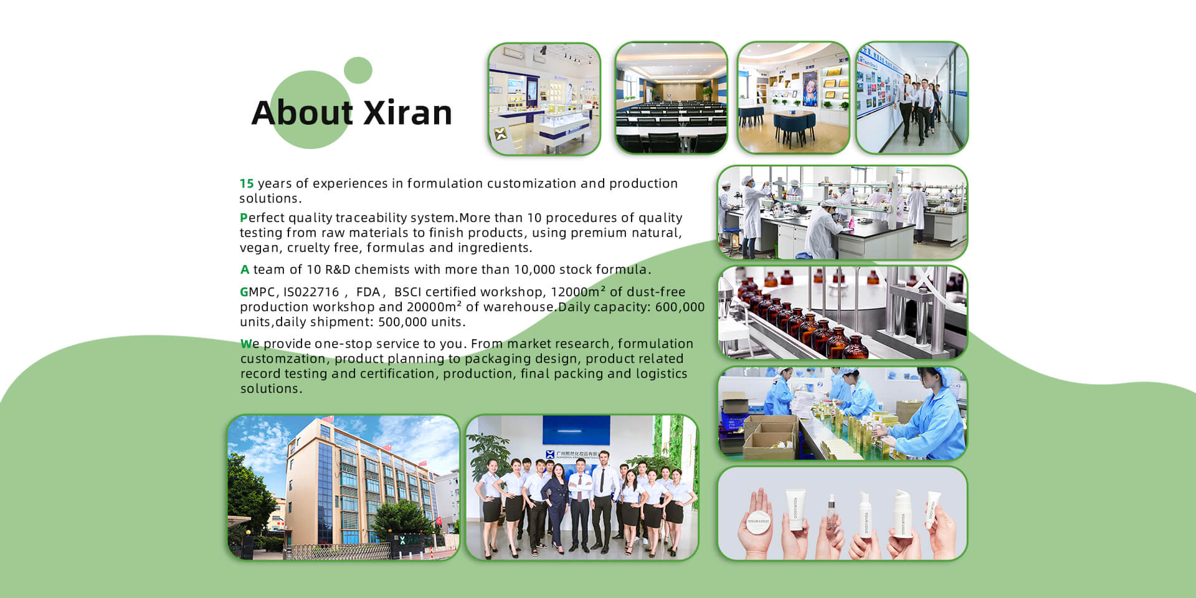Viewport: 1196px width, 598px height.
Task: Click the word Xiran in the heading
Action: click(407, 113)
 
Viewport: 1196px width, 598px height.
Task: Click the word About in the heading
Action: click(303, 113)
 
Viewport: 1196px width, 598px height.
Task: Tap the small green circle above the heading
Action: click(358, 70)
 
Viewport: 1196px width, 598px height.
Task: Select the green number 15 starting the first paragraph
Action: click(247, 183)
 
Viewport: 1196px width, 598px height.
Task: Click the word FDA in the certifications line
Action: click(368, 292)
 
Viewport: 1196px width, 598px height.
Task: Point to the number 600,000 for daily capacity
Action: click(680, 307)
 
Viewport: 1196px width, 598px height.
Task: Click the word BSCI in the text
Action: click(407, 292)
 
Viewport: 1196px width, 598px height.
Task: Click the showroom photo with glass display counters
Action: click(544, 99)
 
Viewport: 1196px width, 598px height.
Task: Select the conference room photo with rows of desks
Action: click(671, 98)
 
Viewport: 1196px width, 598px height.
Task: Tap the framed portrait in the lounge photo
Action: click(810, 88)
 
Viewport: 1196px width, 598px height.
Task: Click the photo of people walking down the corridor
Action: click(912, 98)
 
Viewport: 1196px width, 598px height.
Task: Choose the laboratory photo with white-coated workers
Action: click(842, 213)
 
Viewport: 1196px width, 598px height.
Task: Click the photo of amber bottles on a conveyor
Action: click(842, 312)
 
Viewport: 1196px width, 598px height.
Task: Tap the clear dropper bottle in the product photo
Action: click(831, 517)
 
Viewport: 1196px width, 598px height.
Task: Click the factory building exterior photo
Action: click(343, 487)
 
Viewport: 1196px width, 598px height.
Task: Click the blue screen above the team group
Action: click(576, 430)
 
